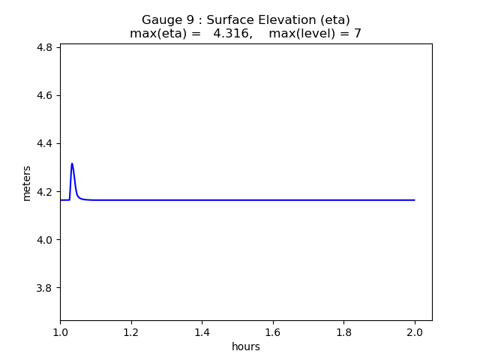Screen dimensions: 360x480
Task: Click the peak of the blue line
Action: click(x=72, y=163)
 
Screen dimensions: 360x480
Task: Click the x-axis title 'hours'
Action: click(x=246, y=346)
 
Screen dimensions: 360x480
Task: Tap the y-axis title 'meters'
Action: click(x=27, y=182)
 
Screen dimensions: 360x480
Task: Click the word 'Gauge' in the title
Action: click(x=162, y=20)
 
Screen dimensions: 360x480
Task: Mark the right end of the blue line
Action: click(x=415, y=200)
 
